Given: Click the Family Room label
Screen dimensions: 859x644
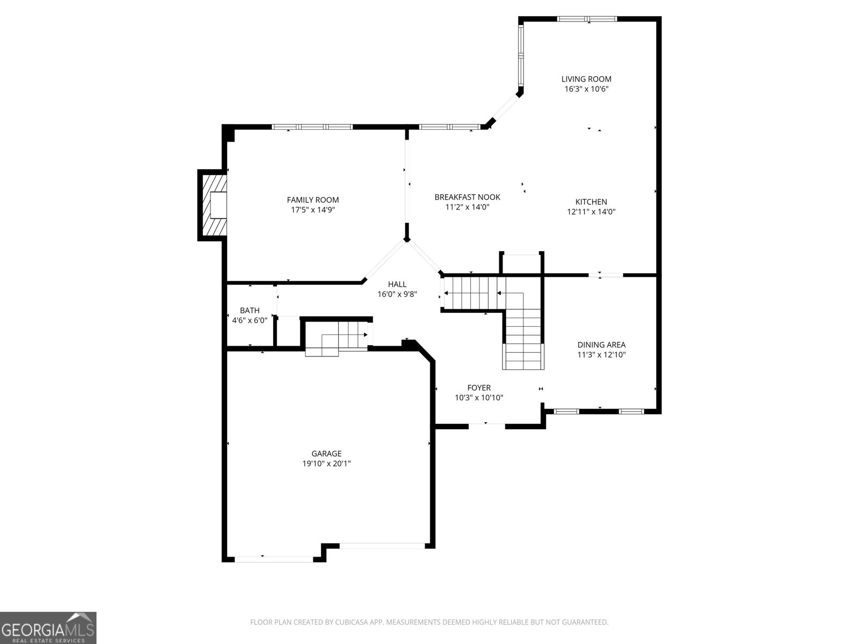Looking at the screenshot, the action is pos(312,200).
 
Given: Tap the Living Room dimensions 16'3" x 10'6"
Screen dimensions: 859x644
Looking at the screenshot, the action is pos(586,89).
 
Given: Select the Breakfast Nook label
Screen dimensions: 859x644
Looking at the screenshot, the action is pos(467,197).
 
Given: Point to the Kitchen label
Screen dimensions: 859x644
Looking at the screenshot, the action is pos(591,202).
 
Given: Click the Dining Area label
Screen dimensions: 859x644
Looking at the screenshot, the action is pos(601,345).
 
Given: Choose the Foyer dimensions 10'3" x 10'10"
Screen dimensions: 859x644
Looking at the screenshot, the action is pos(479,398).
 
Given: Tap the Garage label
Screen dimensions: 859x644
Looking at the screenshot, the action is pos(326,453).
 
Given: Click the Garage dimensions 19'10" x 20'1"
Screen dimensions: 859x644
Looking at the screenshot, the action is pos(326,463).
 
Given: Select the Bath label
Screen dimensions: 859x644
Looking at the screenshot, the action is pos(250,311).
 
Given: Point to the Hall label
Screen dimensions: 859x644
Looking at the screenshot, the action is pos(397,284).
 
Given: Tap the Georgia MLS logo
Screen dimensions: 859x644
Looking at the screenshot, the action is pos(48,627).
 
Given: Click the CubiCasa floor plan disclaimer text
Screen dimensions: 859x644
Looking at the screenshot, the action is pos(429,622).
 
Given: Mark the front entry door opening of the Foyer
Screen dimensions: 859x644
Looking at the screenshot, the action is pos(487,426).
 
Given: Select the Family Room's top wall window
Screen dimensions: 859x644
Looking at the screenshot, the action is pos(312,127).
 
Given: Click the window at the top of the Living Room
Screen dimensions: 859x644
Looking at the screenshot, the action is pos(587,19).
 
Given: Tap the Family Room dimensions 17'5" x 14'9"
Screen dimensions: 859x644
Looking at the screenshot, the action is pos(312,210).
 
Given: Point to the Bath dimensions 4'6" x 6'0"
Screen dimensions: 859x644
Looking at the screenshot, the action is pos(250,320).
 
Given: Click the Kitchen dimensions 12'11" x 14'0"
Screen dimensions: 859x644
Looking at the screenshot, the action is pos(591,211).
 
